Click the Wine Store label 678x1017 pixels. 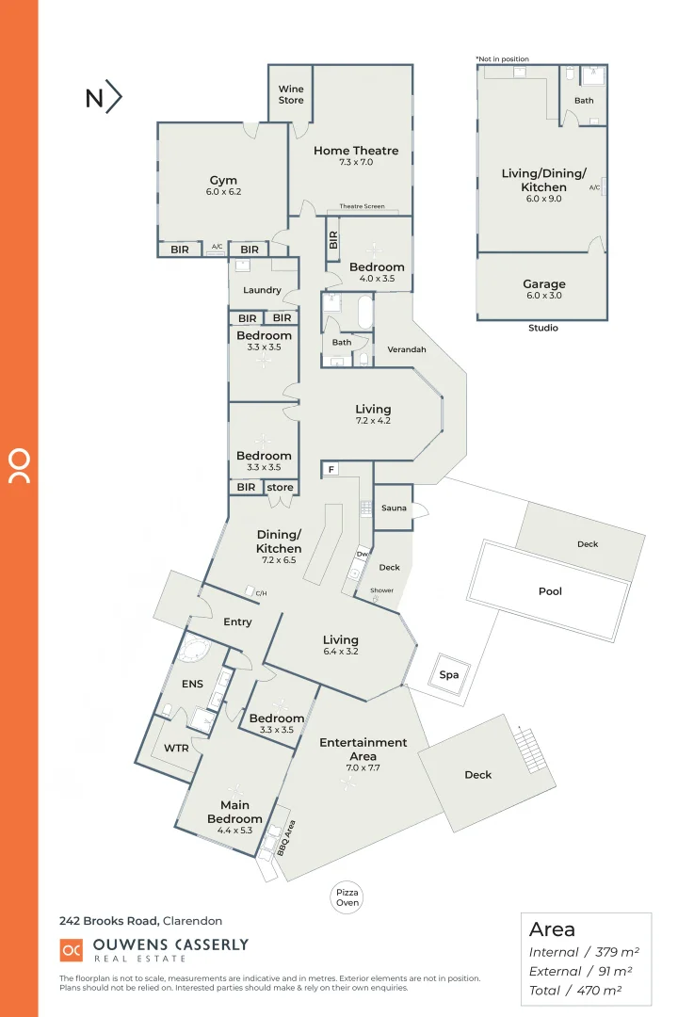click(x=291, y=94)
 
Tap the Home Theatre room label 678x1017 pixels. click(x=356, y=151)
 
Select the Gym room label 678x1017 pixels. click(x=223, y=180)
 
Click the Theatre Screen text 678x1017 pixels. click(x=362, y=207)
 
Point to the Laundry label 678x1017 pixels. click(x=262, y=290)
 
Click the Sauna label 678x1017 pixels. click(x=394, y=508)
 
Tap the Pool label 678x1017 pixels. click(x=550, y=591)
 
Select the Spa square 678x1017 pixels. click(x=448, y=675)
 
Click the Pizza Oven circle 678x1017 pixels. click(x=347, y=896)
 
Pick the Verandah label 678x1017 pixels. click(x=407, y=349)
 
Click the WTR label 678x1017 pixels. click(x=176, y=749)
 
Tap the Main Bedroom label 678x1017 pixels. click(x=234, y=812)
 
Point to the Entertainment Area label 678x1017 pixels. click(x=363, y=749)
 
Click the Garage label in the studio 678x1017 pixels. click(x=544, y=284)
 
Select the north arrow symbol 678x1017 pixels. click(x=105, y=98)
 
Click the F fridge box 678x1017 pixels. click(x=331, y=469)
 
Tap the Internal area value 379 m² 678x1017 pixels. click(x=601, y=953)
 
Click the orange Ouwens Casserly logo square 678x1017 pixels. click(x=71, y=950)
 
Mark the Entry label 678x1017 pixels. click(x=237, y=621)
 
